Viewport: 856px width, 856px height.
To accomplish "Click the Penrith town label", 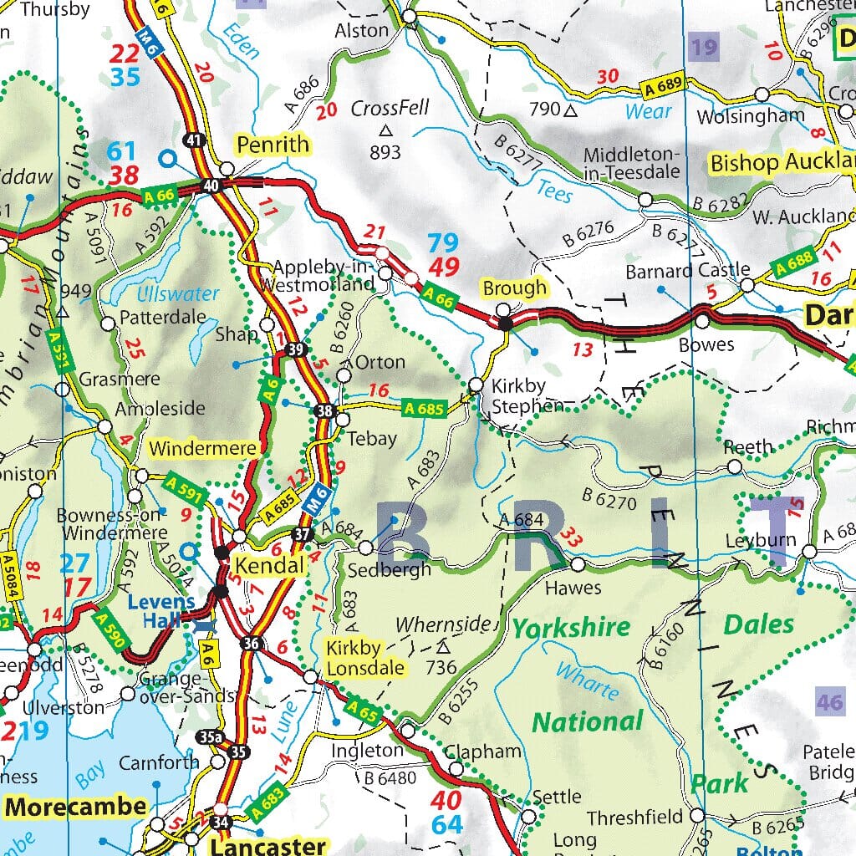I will [273, 145].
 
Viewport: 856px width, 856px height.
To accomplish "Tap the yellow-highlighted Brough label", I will [514, 288].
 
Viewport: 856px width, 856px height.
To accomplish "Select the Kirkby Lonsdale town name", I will [365, 658].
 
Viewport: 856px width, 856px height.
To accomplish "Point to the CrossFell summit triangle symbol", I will [385, 130].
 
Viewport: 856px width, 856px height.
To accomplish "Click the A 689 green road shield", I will [664, 85].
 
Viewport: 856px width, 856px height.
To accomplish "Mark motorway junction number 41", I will [194, 140].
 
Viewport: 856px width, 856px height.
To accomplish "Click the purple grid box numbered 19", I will [704, 47].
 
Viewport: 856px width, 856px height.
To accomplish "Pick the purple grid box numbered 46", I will [829, 701].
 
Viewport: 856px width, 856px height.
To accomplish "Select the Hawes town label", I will [573, 588].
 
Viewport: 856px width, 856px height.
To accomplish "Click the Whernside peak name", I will [442, 624].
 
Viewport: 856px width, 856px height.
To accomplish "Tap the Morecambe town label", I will [76, 808].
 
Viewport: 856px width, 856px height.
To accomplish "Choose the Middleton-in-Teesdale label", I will [631, 163].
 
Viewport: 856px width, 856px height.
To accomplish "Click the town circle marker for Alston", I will [409, 17].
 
